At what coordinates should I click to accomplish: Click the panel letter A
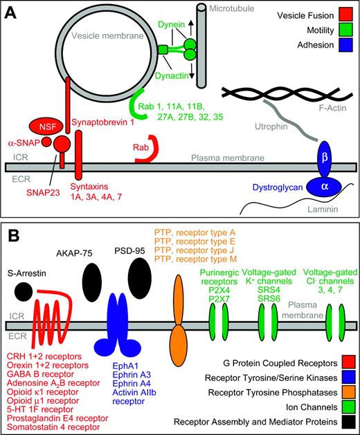click(13, 13)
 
